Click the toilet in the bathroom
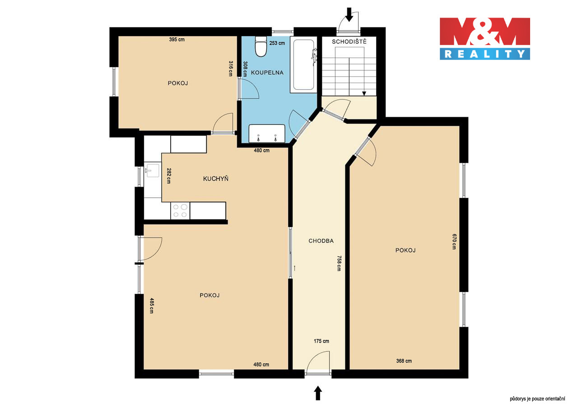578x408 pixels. point(261,46)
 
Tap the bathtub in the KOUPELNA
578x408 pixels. point(303,64)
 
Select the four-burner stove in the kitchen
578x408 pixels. point(180,211)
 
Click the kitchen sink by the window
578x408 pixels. point(153,170)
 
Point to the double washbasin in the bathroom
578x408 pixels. point(267,133)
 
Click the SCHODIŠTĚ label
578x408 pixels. point(349,42)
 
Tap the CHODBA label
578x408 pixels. point(321,241)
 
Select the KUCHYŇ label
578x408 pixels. point(216,179)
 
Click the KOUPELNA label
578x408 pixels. point(267,73)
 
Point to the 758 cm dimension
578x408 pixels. point(339,263)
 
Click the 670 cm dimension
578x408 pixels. point(454,242)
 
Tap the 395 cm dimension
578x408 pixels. point(177,39)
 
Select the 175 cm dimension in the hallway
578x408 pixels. point(321,341)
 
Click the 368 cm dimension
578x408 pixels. point(404,361)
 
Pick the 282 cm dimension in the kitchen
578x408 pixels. point(169,176)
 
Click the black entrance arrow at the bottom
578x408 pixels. point(318,393)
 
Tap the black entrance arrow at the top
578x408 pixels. point(349,14)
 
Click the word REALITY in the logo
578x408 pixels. point(485,54)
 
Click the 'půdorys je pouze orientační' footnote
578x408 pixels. point(537,399)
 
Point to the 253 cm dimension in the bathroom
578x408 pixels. point(277,43)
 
